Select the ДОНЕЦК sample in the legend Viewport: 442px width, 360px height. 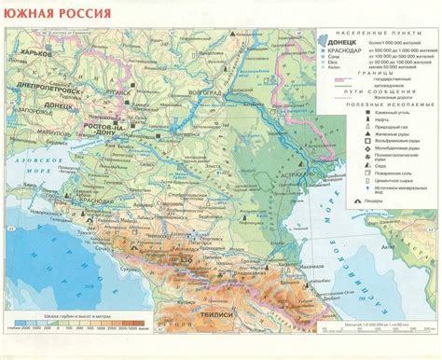337,42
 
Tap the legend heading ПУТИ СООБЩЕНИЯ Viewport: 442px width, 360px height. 373,92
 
